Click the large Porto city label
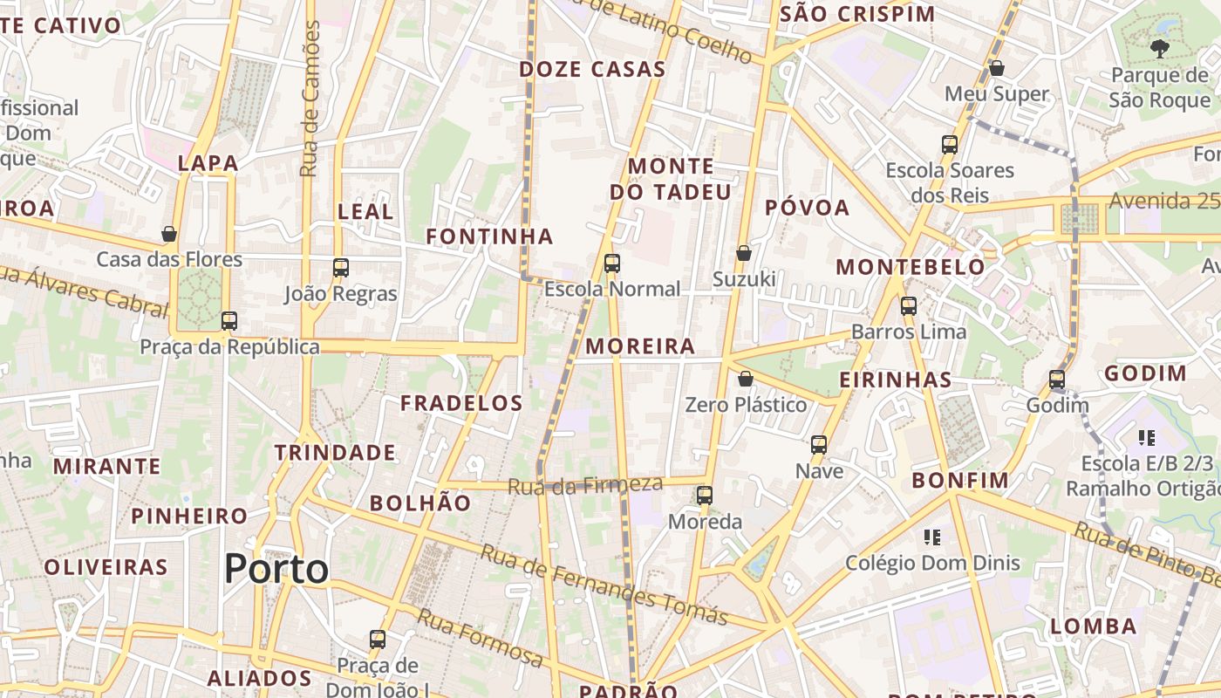point(276,570)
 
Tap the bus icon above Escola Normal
point(612,263)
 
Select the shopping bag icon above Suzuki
point(744,253)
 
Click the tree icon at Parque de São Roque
point(1159,49)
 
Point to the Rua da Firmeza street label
point(585,485)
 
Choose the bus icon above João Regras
point(341,268)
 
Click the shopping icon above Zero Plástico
point(745,379)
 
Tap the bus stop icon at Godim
point(1057,380)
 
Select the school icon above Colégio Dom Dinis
point(932,537)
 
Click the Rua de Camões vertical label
point(310,99)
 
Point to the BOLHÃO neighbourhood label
point(420,503)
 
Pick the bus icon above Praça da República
point(229,321)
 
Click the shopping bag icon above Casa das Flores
point(169,234)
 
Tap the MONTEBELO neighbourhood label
point(911,267)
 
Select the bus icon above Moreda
point(705,496)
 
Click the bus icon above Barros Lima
point(909,306)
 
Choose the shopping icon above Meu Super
point(997,68)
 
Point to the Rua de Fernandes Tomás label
point(604,585)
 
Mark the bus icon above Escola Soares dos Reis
point(950,144)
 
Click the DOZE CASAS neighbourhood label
point(592,70)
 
